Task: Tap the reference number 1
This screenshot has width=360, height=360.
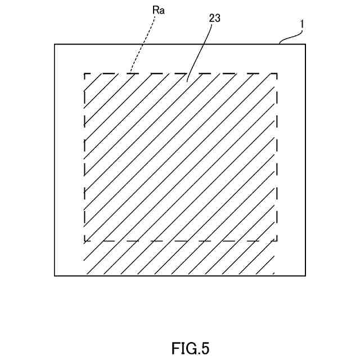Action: pyautogui.click(x=302, y=25)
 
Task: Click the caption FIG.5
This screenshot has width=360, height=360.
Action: pyautogui.click(x=190, y=348)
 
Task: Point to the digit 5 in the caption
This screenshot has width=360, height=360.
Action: pyautogui.click(x=204, y=348)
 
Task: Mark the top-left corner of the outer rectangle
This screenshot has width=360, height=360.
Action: pyautogui.click(x=55, y=44)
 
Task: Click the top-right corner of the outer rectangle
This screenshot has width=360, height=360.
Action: pyautogui.click(x=306, y=44)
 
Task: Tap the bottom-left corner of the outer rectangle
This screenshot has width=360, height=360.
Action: pyautogui.click(x=55, y=276)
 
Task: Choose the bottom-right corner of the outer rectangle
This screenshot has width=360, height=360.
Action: pyautogui.click(x=306, y=276)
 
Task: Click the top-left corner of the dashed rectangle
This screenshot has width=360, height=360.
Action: pyautogui.click(x=84, y=73)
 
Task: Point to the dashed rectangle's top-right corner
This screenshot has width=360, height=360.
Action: pyautogui.click(x=277, y=73)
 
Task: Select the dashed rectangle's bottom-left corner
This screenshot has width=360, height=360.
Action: pyautogui.click(x=84, y=241)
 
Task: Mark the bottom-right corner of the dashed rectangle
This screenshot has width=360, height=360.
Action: pyautogui.click(x=277, y=241)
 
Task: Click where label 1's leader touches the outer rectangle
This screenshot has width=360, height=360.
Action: pyautogui.click(x=280, y=44)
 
